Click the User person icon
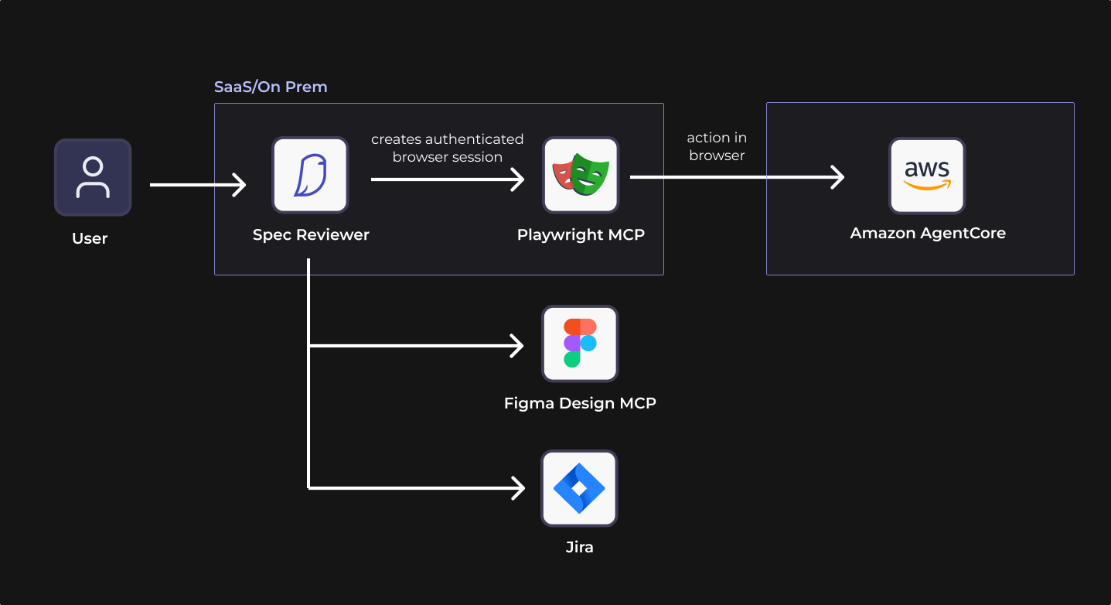[x=93, y=177]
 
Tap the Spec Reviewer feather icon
[x=310, y=176]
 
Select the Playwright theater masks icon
[x=581, y=176]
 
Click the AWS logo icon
[x=927, y=176]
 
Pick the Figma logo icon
[x=580, y=343]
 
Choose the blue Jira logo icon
[x=579, y=488]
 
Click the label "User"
[x=90, y=238]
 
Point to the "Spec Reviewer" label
[x=311, y=234]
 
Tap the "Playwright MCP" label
[x=581, y=234]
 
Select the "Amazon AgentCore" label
[x=928, y=233]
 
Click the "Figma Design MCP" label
[x=580, y=403]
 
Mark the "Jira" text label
[x=579, y=548]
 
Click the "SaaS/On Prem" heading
[x=271, y=87]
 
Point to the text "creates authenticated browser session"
[x=447, y=148]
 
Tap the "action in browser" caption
[x=717, y=146]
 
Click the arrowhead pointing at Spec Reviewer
[x=240, y=185]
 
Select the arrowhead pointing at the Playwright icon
[x=518, y=179]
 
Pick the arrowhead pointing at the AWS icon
[x=838, y=177]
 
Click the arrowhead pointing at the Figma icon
[x=518, y=346]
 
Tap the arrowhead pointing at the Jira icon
[x=518, y=488]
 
